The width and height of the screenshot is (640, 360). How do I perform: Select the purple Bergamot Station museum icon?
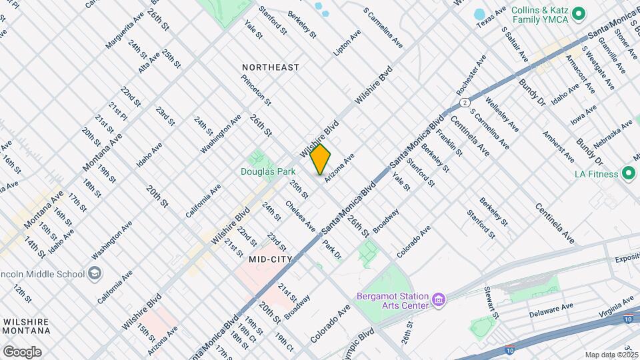click(438, 300)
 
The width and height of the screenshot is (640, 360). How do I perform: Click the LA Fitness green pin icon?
click(628, 174)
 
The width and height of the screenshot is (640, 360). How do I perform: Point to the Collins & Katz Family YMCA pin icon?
click(579, 13)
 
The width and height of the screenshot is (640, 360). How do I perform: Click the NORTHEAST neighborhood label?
click(270, 67)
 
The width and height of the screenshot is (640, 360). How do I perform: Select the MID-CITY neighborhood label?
click(271, 258)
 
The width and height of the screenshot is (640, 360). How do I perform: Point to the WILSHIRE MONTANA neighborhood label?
click(26, 326)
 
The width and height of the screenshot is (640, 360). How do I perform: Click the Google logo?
click(22, 351)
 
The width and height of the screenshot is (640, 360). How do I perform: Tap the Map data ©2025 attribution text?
click(611, 355)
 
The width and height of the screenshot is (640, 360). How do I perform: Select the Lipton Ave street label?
click(347, 41)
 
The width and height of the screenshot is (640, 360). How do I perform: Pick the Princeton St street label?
click(256, 90)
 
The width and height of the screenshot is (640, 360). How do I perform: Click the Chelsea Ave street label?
click(300, 216)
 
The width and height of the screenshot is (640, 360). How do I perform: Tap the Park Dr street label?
click(332, 250)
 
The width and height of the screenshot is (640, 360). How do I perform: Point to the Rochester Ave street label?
click(467, 74)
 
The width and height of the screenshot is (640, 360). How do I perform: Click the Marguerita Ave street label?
click(124, 31)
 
